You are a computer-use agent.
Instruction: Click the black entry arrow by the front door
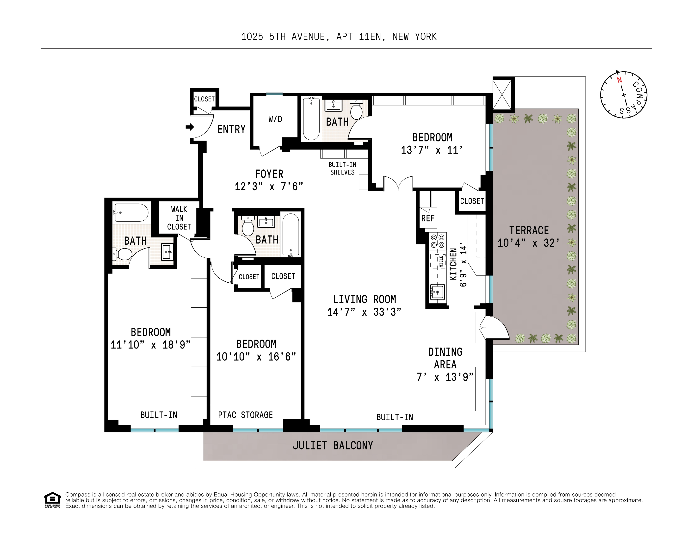coord(190,127)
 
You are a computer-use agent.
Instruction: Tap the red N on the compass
coord(619,80)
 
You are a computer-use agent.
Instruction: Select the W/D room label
coord(275,119)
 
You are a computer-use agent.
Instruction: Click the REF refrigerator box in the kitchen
coord(428,218)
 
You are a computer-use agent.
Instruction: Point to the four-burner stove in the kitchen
coord(438,241)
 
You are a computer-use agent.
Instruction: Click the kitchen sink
coord(437,291)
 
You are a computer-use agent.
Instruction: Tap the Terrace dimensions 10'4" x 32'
coord(528,243)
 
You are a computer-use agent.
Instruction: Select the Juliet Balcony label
coord(333,446)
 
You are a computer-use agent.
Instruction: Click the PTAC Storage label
coord(245,415)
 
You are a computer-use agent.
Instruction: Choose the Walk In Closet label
coord(179,218)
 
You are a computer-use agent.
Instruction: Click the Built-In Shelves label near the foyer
coord(342,168)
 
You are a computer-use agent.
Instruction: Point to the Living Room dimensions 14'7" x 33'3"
coord(364,312)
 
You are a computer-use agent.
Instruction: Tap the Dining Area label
coord(445,358)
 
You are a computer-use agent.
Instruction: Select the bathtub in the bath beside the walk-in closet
coord(131,212)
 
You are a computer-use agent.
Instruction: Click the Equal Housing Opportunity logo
coord(52,500)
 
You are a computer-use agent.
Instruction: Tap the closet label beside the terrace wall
coord(472,201)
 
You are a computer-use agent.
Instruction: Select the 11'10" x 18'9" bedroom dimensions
coord(150,345)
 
